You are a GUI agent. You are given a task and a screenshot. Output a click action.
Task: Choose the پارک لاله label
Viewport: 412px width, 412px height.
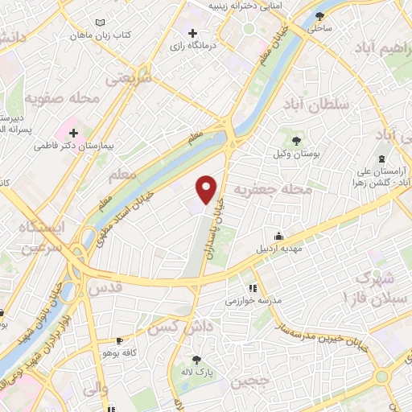click(198, 373)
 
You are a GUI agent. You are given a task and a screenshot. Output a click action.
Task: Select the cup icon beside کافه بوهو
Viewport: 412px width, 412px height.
click(120, 341)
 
